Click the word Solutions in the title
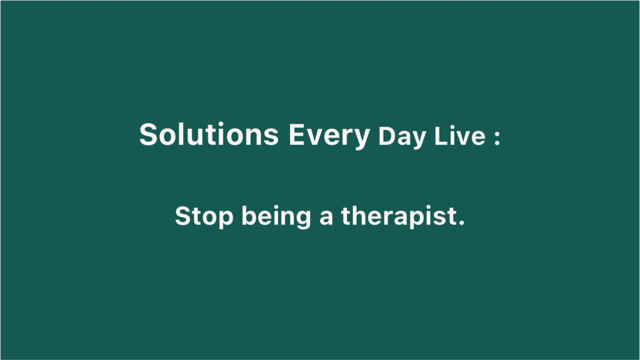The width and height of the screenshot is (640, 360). tap(209, 134)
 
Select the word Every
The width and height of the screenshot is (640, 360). tap(329, 136)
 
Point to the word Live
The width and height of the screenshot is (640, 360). tap(460, 135)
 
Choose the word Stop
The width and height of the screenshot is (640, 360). tap(204, 217)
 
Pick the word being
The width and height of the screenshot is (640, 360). tap(276, 217)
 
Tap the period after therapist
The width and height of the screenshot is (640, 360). tap(461, 222)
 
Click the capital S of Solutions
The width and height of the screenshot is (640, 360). tap(148, 134)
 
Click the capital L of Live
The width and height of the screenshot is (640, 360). tap(441, 136)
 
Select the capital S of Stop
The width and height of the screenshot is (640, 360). tap(183, 215)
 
